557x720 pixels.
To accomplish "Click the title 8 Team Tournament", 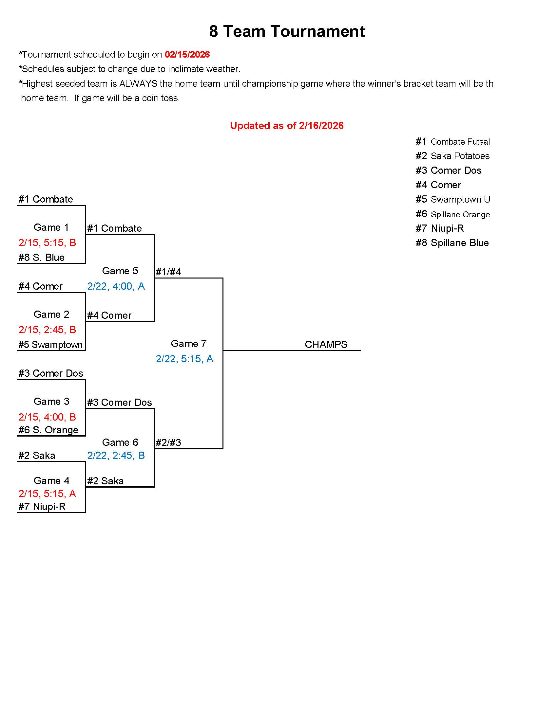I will point(286,32).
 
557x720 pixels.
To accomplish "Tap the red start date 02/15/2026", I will point(187,54).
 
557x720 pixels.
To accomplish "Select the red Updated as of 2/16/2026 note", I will point(286,125).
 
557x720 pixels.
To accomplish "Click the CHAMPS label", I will point(326,344).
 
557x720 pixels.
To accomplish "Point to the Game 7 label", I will point(188,344).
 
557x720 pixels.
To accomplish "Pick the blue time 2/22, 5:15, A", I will point(184,359).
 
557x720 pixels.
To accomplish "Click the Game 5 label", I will point(120,271).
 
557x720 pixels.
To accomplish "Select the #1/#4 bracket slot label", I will point(168,272).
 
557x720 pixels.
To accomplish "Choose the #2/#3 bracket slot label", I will point(168,442).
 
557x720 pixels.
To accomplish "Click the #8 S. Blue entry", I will point(41,257).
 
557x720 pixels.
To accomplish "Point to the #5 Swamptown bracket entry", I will point(50,345).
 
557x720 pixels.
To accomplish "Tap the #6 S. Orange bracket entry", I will point(48,430).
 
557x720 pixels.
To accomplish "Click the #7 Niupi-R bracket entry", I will point(42,506).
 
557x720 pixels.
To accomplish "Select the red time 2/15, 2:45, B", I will point(47,329).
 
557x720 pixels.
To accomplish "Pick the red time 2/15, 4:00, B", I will point(47,417).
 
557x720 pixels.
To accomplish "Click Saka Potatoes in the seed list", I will point(460,156).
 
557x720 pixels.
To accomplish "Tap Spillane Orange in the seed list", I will point(460,214).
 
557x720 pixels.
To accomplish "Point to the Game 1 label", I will point(51,227).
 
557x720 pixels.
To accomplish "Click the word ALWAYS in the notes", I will point(138,84).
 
